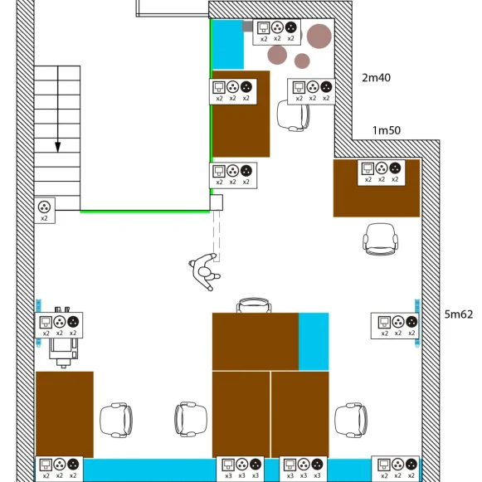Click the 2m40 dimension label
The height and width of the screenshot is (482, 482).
click(x=376, y=77)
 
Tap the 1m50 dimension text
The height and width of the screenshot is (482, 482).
click(x=387, y=130)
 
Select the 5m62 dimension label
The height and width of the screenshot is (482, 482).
click(x=458, y=314)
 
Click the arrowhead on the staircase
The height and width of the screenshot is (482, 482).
click(x=57, y=147)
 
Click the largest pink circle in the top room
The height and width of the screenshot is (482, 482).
click(x=319, y=37)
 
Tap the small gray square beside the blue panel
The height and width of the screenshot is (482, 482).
click(x=247, y=27)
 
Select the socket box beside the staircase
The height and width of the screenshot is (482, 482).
click(x=45, y=211)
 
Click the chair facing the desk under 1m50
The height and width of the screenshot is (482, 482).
click(x=380, y=240)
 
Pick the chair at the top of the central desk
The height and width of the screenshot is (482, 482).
click(x=254, y=305)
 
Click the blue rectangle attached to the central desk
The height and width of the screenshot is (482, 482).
click(x=314, y=342)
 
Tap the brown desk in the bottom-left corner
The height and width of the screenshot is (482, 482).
click(x=65, y=414)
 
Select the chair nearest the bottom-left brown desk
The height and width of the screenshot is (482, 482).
click(x=116, y=420)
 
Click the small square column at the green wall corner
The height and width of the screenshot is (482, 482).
click(x=217, y=202)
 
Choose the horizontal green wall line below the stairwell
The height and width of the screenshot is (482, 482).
click(x=145, y=212)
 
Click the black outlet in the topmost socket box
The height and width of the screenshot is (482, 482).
click(x=291, y=27)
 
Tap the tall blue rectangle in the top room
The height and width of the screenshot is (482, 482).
click(x=228, y=45)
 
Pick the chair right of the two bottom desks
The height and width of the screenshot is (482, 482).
click(x=351, y=420)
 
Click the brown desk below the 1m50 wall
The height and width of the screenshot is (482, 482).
click(x=377, y=188)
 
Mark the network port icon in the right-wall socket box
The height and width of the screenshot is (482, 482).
click(x=384, y=322)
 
